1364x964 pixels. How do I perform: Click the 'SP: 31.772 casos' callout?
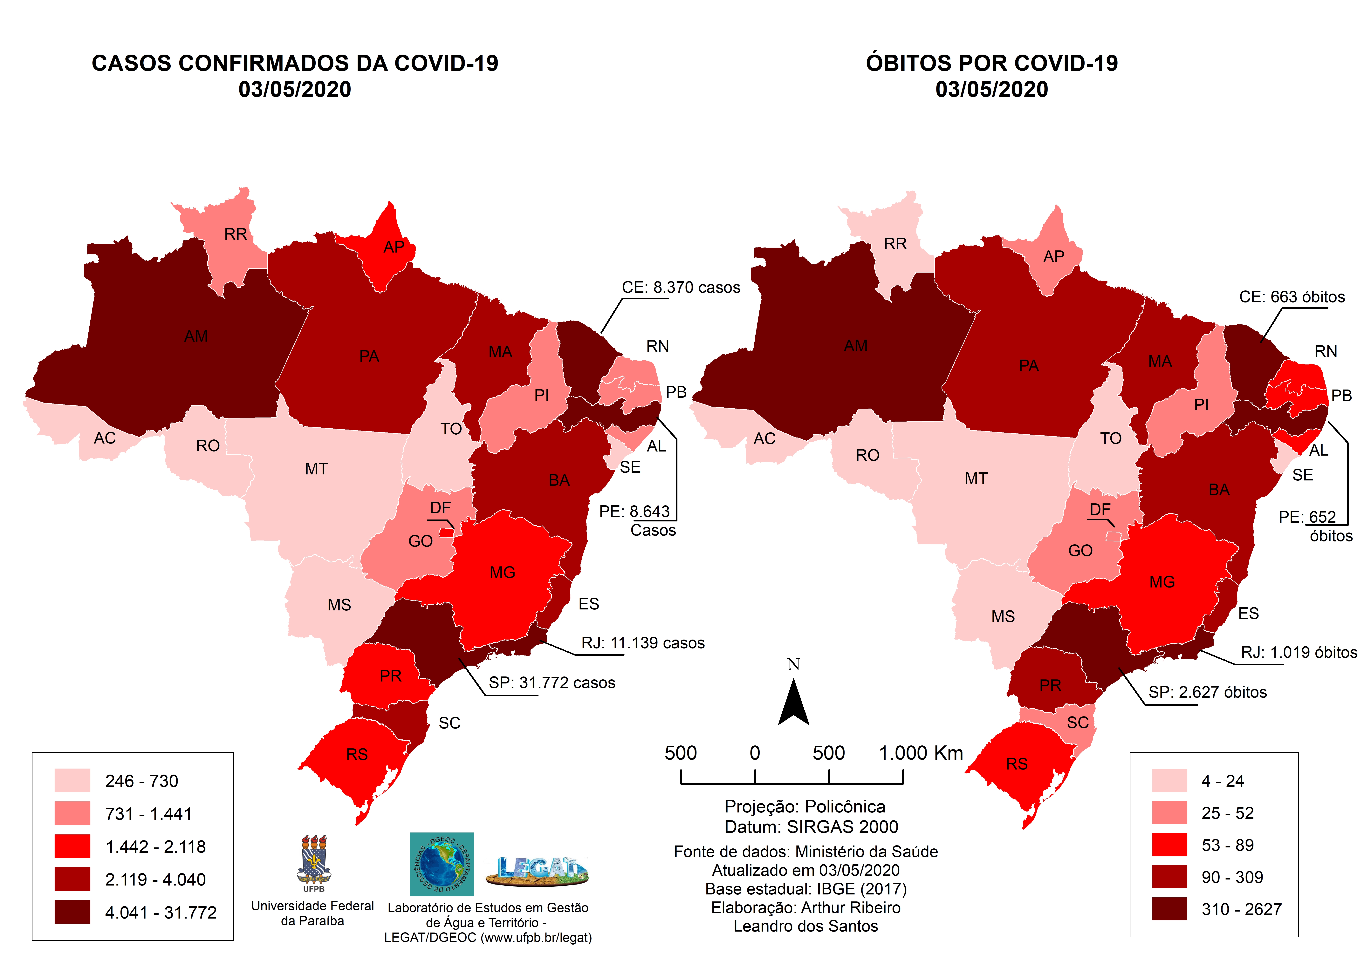point(552,683)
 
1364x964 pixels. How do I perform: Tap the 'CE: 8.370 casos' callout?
point(681,288)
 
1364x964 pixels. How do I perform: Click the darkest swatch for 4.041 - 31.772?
point(72,912)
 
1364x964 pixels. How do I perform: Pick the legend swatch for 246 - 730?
point(72,780)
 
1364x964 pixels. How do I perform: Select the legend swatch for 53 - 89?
point(1169,845)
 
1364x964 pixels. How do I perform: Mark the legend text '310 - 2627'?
point(1241,909)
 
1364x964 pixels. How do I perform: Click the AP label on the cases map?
point(394,247)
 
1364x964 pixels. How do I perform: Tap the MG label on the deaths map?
point(1162,582)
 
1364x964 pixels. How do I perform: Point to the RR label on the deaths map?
point(895,244)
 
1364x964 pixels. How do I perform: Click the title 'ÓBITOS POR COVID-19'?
point(991,63)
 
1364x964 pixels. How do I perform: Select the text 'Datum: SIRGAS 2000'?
point(811,827)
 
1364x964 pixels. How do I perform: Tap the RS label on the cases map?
point(357,754)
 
